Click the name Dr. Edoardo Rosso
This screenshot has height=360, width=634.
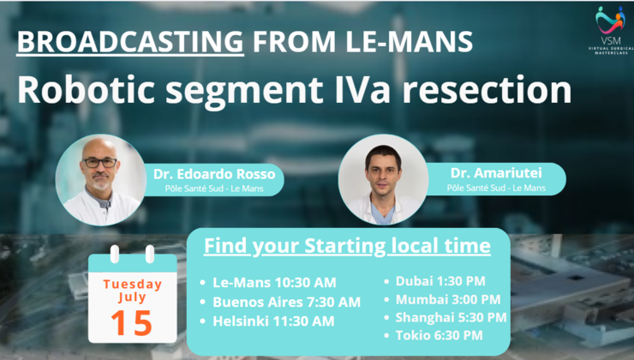[214, 174]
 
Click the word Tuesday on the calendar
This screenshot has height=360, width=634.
[132, 284]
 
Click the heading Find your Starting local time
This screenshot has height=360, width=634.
[347, 247]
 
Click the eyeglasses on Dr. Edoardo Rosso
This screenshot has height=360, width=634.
[99, 162]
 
